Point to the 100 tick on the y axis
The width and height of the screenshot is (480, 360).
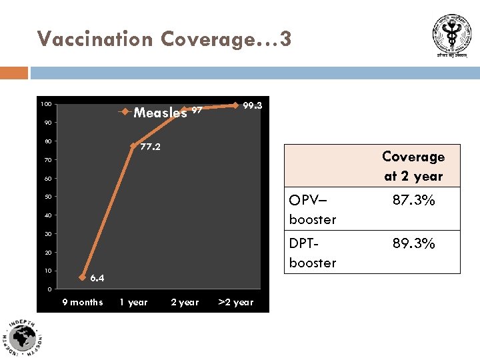[x=45, y=104]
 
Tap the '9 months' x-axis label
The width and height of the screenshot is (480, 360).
[x=82, y=303]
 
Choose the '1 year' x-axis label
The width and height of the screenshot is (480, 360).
[x=133, y=303]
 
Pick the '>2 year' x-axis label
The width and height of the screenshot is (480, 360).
[x=236, y=303]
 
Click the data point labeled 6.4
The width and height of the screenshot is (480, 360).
[x=83, y=277]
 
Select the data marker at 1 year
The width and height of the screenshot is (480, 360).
[x=133, y=145]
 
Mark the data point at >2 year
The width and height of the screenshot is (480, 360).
[x=235, y=105]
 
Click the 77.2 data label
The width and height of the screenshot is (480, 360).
[x=150, y=147]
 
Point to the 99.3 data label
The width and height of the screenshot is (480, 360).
[x=253, y=105]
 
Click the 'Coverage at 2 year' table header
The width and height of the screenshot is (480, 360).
[x=413, y=166]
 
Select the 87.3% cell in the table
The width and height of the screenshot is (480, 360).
[x=413, y=200]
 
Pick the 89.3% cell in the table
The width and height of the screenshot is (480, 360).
[x=413, y=243]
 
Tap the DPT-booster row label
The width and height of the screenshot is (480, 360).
[x=313, y=253]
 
